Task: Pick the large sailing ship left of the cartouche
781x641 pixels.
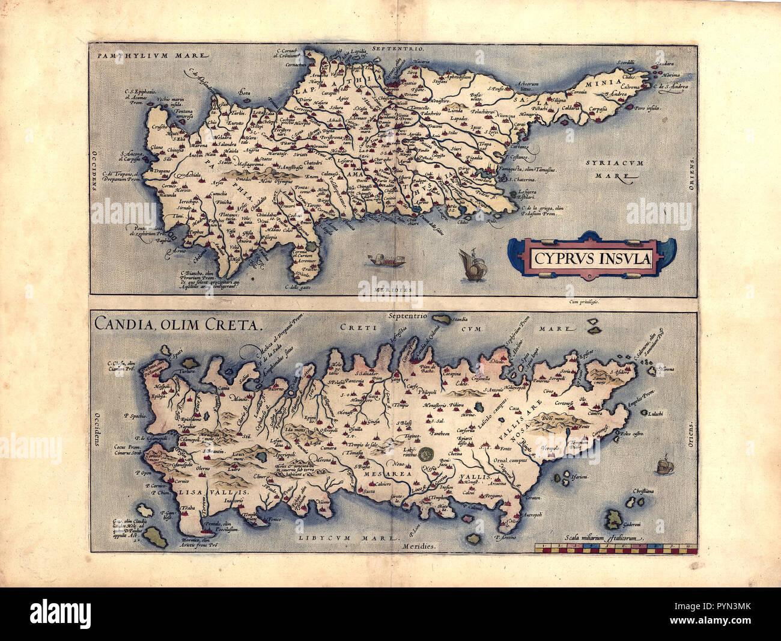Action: (471, 265)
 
